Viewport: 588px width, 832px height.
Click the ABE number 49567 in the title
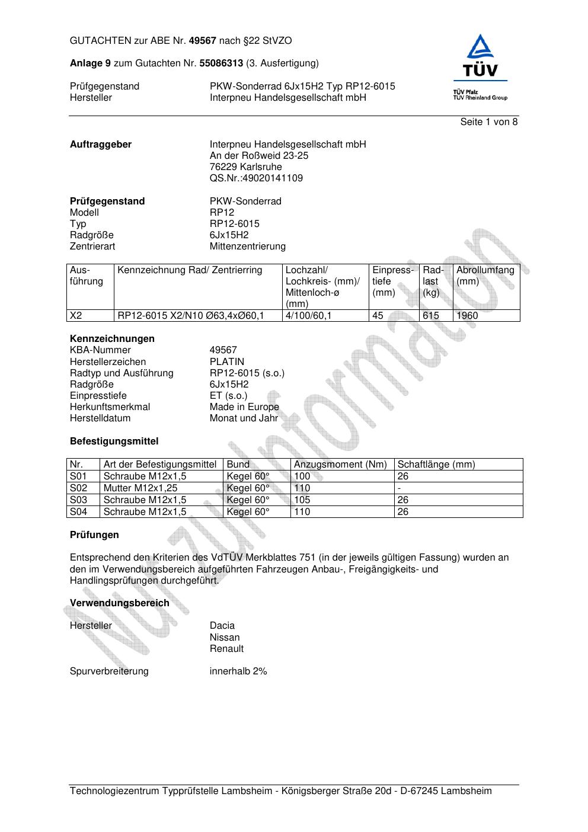(203, 41)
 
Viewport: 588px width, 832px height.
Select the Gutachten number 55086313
(221, 63)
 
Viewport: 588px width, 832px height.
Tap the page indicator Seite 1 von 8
(488, 122)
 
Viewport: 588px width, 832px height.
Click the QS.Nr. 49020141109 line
(256, 178)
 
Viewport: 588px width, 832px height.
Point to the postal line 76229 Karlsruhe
(245, 167)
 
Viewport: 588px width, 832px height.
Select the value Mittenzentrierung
(247, 247)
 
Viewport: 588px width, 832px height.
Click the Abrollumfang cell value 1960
(467, 316)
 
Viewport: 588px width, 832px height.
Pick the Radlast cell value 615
(431, 316)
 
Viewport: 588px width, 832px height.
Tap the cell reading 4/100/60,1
(308, 316)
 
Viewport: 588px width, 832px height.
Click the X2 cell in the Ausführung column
(75, 316)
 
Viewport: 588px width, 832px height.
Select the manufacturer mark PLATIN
(226, 362)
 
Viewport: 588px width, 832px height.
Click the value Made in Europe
(244, 407)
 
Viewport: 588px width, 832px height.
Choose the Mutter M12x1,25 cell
(140, 488)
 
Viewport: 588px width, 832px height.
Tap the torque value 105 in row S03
(302, 500)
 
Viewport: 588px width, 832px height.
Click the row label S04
(78, 512)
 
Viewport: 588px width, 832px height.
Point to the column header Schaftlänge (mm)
(436, 465)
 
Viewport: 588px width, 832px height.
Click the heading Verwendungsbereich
(119, 603)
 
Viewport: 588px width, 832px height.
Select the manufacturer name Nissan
(225, 638)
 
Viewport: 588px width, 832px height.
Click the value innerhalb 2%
(238, 671)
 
